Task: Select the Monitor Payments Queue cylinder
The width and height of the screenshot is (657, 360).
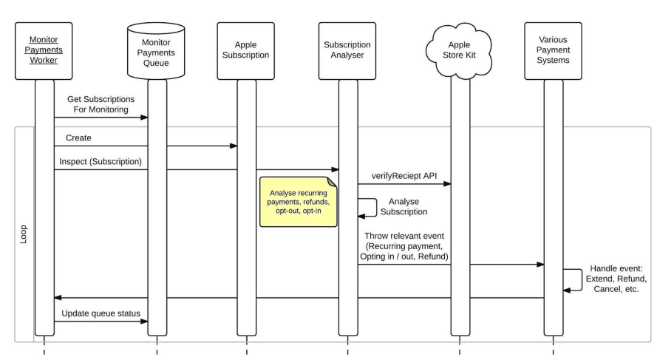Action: pos(157,52)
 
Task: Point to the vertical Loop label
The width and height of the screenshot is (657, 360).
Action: pos(23,234)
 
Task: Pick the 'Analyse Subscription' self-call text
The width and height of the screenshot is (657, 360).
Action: pos(404,206)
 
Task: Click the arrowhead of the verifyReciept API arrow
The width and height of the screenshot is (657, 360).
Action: pos(448,185)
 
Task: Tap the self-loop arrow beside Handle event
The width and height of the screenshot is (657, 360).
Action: pos(573,279)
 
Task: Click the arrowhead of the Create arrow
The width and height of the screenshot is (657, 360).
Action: pos(234,146)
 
